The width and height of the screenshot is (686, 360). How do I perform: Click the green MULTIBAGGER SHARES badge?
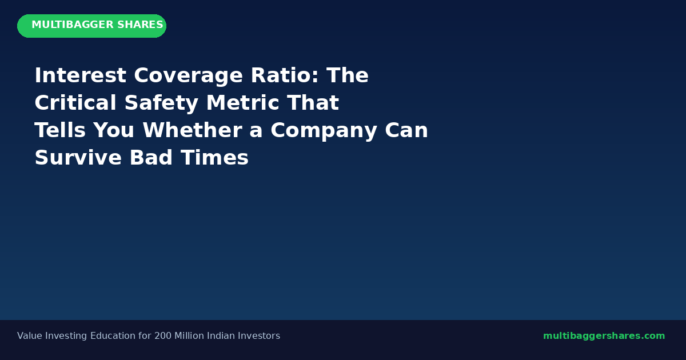91,26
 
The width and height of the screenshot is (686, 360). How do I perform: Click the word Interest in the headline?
80,75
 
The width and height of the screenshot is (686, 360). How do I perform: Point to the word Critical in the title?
75,102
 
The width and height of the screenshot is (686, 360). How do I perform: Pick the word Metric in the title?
242,102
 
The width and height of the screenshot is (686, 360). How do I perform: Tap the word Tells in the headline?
60,130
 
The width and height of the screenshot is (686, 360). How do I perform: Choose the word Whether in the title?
193,130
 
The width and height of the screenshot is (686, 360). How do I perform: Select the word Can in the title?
406,130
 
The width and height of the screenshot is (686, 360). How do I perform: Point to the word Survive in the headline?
78,158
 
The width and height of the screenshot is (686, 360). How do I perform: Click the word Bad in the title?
151,158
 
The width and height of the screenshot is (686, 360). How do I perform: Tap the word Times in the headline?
214,158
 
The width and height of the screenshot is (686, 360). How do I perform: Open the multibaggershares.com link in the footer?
604,336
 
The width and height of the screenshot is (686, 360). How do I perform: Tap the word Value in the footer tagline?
30,336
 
